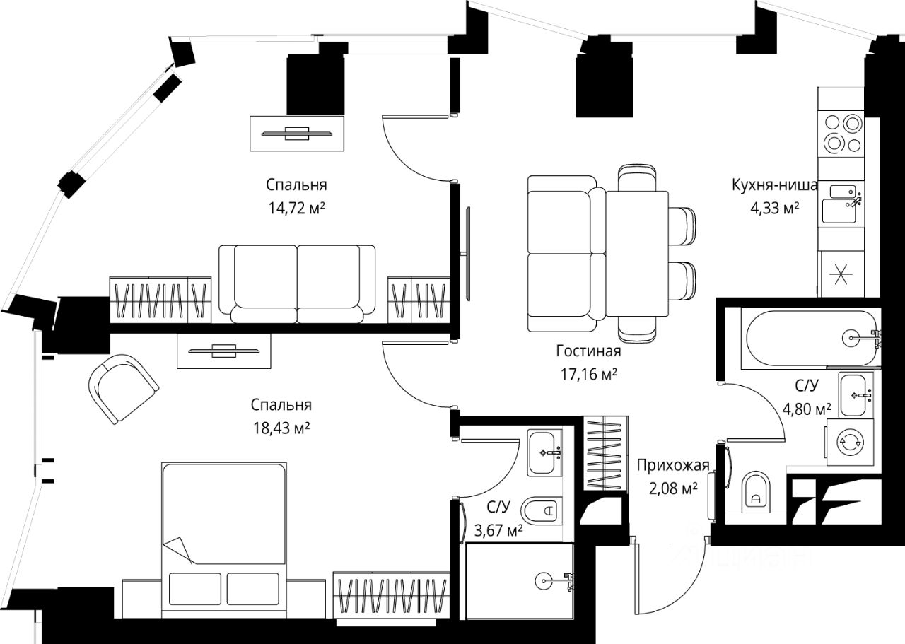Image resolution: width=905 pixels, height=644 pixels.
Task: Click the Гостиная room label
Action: (588, 351)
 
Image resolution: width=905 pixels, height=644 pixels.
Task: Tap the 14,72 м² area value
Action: (297, 209)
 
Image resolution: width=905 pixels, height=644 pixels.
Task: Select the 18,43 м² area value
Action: (281, 428)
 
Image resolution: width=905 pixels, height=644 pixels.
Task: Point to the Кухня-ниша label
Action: (774, 185)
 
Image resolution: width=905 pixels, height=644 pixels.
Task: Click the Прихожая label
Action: (673, 465)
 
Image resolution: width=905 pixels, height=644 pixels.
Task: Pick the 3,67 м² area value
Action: (498, 530)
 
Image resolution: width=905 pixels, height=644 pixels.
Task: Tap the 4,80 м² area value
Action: (804, 409)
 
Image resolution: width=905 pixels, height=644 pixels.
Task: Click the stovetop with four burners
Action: (841, 134)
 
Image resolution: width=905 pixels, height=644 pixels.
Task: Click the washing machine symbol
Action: (850, 442)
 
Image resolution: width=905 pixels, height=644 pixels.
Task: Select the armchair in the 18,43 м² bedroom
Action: (123, 389)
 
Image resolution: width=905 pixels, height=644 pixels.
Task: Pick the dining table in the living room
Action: (637, 254)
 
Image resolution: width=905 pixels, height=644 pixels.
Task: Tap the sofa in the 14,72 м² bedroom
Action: (297, 284)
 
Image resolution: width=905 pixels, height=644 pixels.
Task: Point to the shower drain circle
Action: (543, 581)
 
